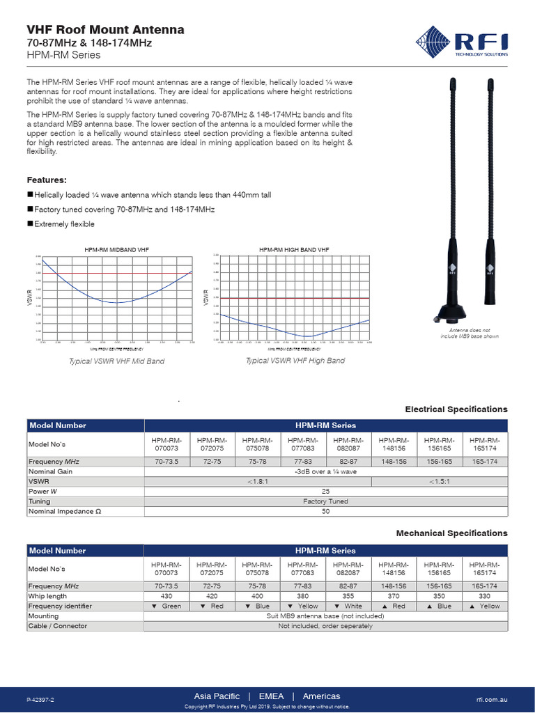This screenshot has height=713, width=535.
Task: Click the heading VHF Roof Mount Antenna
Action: [x=105, y=29]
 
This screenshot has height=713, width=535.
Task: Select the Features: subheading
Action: [x=47, y=180]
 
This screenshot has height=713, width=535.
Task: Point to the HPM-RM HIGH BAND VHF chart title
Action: [x=294, y=249]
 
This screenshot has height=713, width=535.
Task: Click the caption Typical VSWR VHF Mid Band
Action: [x=116, y=362]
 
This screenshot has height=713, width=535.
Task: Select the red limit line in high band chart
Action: [x=294, y=298]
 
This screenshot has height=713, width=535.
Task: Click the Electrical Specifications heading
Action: [x=456, y=409]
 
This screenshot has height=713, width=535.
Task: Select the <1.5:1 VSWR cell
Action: [x=440, y=481]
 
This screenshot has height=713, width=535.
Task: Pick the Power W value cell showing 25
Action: [x=325, y=491]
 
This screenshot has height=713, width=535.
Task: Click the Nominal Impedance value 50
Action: [x=325, y=511]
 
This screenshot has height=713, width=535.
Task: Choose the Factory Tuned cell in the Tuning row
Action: [x=325, y=501]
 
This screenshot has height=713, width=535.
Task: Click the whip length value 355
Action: [x=348, y=596]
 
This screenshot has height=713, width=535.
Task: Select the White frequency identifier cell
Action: [x=348, y=606]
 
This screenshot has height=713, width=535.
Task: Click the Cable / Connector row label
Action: [x=58, y=625]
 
